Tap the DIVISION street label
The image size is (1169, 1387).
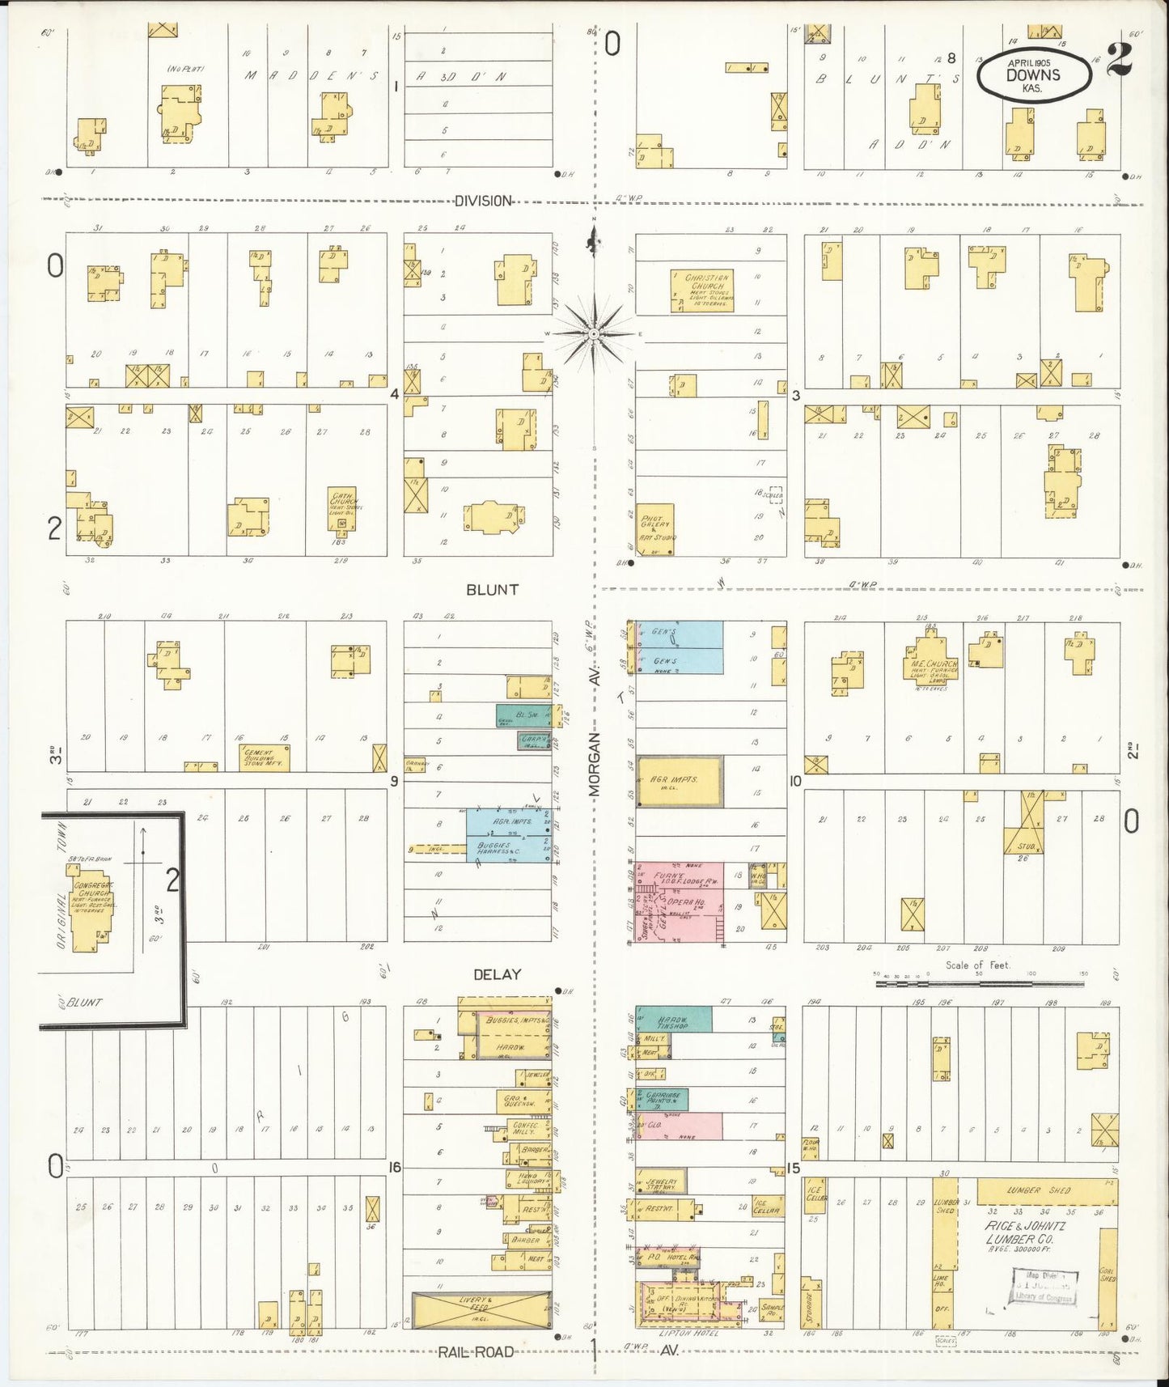pyautogui.click(x=483, y=201)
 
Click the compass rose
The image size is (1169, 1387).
pyautogui.click(x=594, y=333)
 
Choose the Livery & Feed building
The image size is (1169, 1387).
pyautogui.click(x=481, y=1309)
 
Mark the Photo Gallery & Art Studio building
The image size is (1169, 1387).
pyautogui.click(x=654, y=529)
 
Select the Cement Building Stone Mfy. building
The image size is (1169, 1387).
pyautogui.click(x=265, y=757)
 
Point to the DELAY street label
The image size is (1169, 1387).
pyautogui.click(x=497, y=974)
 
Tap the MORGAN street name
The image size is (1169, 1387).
pyautogui.click(x=595, y=765)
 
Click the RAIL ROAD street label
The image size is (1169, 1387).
pyautogui.click(x=476, y=1351)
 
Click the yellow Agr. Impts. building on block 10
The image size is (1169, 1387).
pyautogui.click(x=680, y=781)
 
